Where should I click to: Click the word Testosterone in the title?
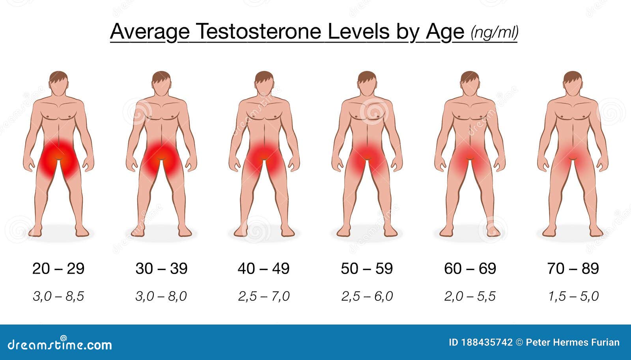[x=259, y=31]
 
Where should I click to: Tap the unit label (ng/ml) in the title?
[x=495, y=32]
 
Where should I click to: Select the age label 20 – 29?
[x=58, y=269]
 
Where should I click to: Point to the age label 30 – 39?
[x=161, y=269]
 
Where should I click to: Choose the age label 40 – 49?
[x=264, y=269]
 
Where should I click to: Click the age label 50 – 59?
[x=367, y=269]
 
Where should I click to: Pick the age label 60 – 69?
[x=470, y=269]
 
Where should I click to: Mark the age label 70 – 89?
[x=573, y=269]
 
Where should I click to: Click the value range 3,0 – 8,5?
[x=58, y=297]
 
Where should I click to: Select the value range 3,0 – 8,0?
[x=161, y=297]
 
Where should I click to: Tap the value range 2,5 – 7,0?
[x=264, y=297]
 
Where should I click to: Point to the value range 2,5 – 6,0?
[x=367, y=297]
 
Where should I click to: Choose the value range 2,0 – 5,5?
[x=470, y=297]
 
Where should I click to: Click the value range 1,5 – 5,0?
[x=573, y=297]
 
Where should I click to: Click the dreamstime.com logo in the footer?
[x=60, y=344]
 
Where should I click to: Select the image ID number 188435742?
[x=487, y=342]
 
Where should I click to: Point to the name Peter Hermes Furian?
[x=573, y=342]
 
